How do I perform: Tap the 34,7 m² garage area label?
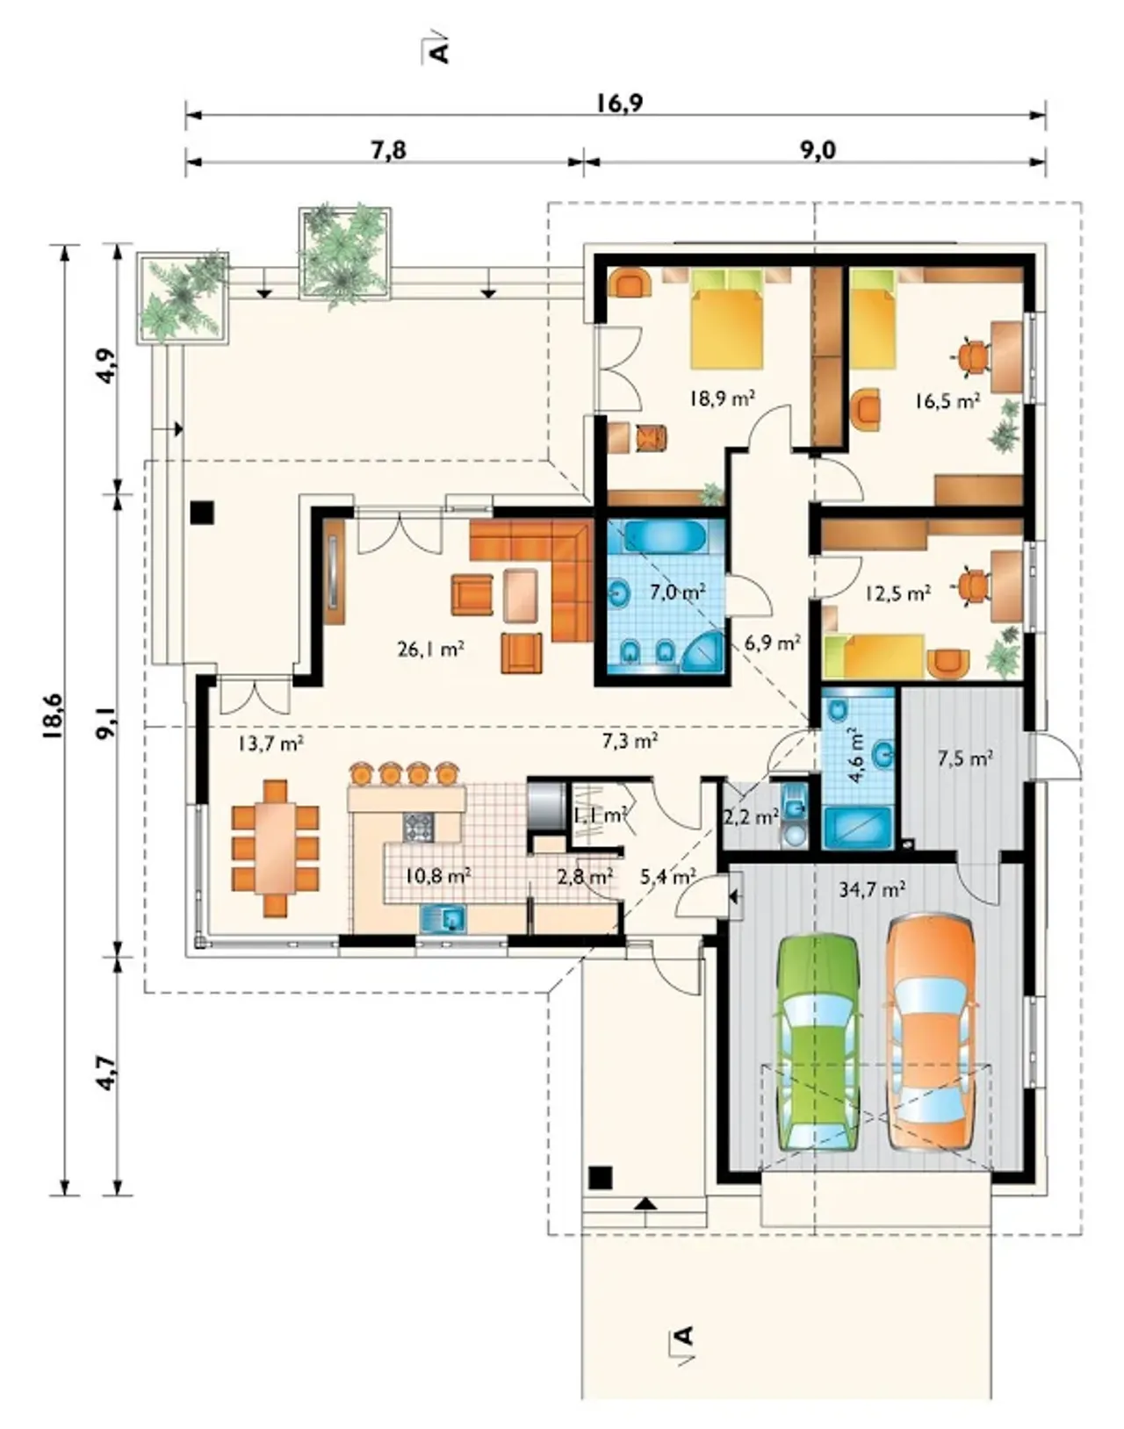pyautogui.click(x=872, y=889)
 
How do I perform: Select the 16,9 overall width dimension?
pyautogui.click(x=618, y=103)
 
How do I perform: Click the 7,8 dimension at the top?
pyautogui.click(x=388, y=150)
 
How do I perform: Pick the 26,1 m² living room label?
pyautogui.click(x=430, y=649)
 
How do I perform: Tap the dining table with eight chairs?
pyautogui.click(x=275, y=848)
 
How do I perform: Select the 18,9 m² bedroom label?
pyautogui.click(x=722, y=399)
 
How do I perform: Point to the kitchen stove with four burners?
pyautogui.click(x=419, y=828)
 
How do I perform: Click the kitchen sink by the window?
pyautogui.click(x=443, y=919)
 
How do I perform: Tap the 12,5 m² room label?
pyautogui.click(x=897, y=592)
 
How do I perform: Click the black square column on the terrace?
pyautogui.click(x=202, y=513)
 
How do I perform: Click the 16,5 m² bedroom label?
pyautogui.click(x=947, y=400)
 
